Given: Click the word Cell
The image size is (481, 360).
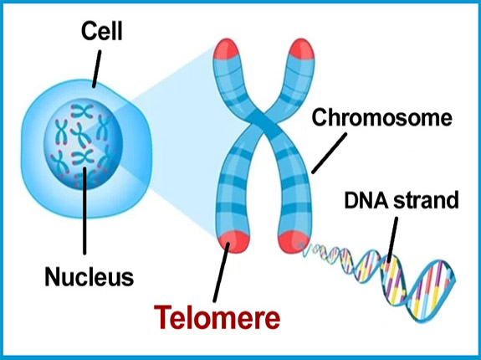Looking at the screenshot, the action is click(x=101, y=31).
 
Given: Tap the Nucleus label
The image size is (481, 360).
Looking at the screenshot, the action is click(x=90, y=276).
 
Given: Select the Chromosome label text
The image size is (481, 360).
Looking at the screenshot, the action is click(x=381, y=118).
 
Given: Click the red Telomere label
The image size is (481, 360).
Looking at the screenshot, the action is click(x=217, y=317).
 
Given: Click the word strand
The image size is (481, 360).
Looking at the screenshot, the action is click(x=426, y=200).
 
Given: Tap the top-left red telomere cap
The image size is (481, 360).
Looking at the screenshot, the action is click(x=226, y=49).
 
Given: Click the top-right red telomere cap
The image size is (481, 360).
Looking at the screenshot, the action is click(x=301, y=49).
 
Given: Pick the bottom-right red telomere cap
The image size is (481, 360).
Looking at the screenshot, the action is click(x=294, y=241).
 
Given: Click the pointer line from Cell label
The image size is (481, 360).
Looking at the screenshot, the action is click(x=96, y=69).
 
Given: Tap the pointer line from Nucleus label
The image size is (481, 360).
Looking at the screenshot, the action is click(x=84, y=211).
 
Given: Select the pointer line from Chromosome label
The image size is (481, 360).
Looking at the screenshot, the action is click(x=330, y=153).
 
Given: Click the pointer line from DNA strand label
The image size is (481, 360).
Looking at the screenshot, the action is click(x=392, y=240).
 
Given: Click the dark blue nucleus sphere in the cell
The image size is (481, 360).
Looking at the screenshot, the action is click(x=83, y=144).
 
